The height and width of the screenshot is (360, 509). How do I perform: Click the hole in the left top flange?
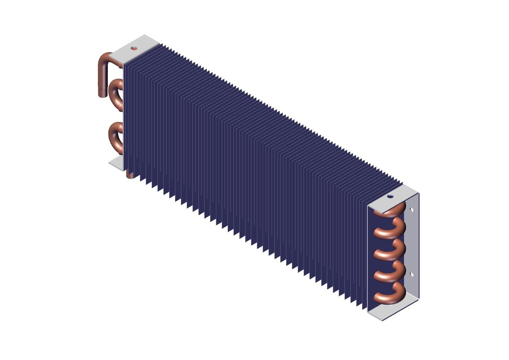click(x=133, y=48)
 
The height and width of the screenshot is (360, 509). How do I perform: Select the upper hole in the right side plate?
click(x=412, y=210)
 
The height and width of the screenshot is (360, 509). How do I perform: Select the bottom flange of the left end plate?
click(x=116, y=163)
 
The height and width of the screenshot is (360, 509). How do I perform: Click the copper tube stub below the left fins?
click(x=130, y=174)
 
